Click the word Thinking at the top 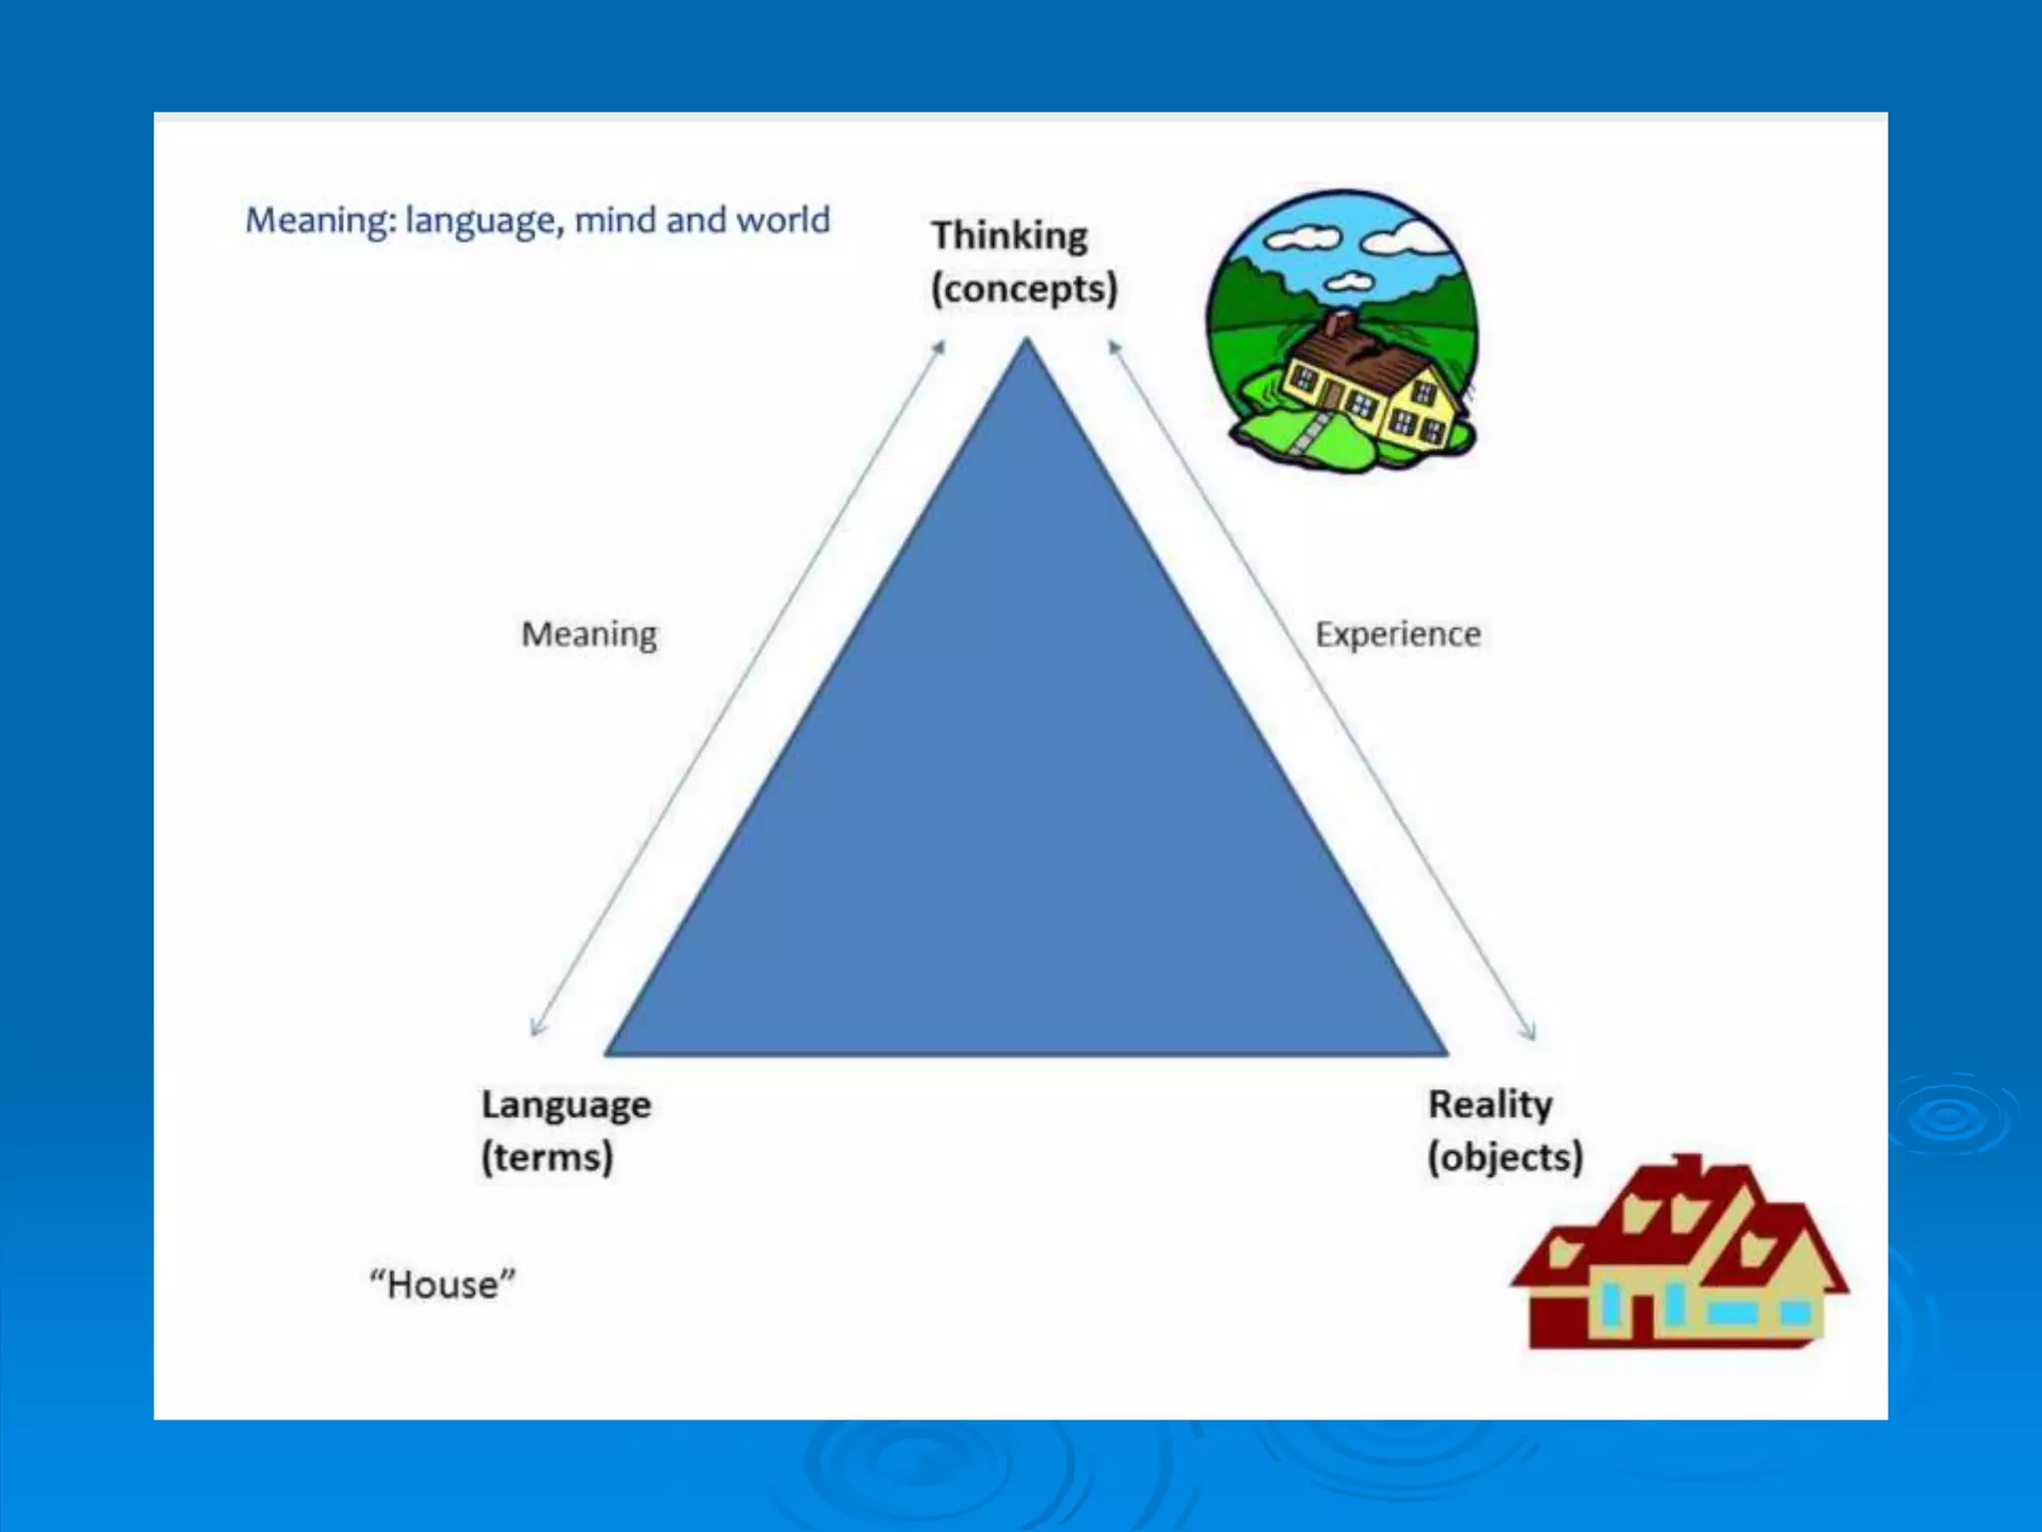coord(1008,236)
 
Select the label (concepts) coord(1024,289)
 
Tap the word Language coord(565,1105)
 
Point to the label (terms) coord(546,1158)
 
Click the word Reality coord(1490,1105)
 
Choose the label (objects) coord(1505,1158)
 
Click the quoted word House coord(443,1285)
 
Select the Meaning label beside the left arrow coord(589,634)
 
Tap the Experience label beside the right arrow coord(1397,634)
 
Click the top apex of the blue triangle coord(1026,341)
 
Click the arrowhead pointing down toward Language coord(536,1029)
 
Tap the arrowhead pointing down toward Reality coord(1531,1034)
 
